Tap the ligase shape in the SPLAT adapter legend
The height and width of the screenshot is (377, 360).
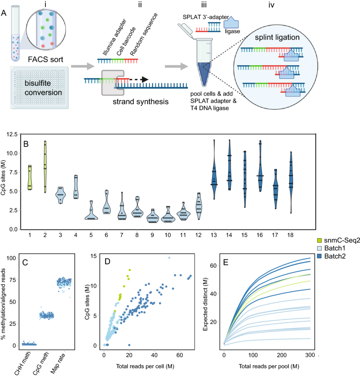[233, 23]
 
